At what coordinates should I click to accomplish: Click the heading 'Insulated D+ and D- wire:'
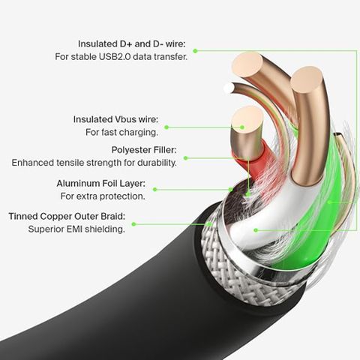[132, 44]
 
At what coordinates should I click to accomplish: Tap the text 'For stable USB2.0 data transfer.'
[121, 57]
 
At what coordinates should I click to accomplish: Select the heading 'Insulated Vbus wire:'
[115, 119]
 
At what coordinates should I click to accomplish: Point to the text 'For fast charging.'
[121, 132]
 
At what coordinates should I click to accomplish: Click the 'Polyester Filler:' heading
[144, 150]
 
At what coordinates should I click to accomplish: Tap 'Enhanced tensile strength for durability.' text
[94, 163]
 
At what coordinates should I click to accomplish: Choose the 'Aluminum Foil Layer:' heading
[100, 184]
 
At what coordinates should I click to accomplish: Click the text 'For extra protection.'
[103, 196]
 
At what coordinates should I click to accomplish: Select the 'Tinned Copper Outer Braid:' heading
[67, 216]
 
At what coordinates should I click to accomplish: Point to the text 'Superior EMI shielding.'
[76, 229]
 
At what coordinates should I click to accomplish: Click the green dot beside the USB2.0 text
[196, 51]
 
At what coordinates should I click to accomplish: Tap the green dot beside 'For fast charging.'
[166, 127]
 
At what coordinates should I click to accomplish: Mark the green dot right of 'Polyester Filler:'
[185, 158]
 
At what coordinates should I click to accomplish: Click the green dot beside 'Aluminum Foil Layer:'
[154, 190]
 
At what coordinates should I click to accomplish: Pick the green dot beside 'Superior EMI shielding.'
[133, 224]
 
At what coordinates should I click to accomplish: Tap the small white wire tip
[229, 88]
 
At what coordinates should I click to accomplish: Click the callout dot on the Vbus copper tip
[241, 127]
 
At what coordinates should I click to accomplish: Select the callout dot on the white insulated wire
[256, 230]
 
